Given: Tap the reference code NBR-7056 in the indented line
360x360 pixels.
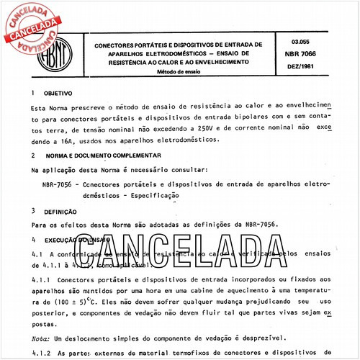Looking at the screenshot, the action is coord(60,184).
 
